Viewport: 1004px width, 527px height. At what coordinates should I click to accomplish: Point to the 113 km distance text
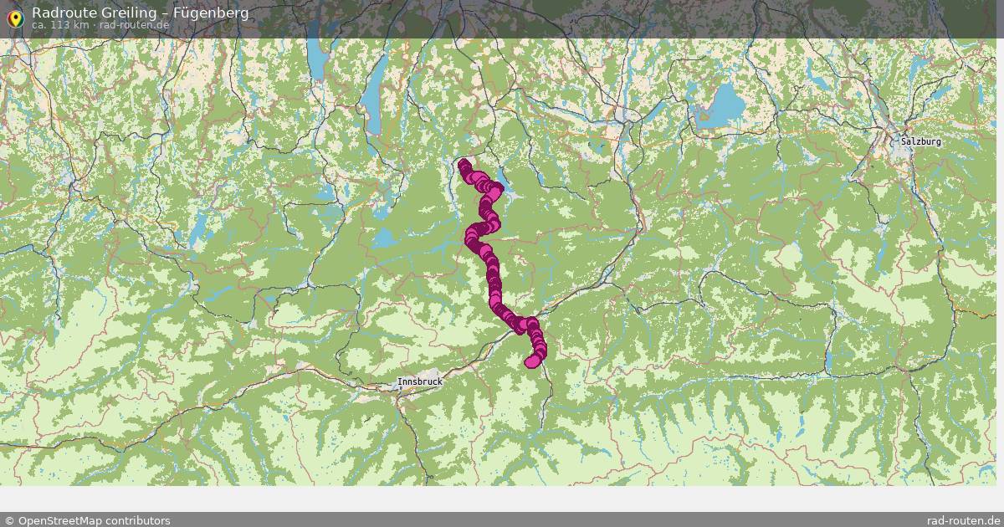pos(70,25)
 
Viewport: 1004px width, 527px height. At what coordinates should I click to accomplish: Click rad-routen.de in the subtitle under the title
pos(136,25)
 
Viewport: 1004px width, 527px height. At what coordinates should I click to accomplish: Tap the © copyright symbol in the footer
pos(9,520)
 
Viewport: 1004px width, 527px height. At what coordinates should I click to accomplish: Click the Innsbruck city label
pos(419,381)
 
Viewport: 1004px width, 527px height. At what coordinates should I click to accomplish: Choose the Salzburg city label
pos(920,141)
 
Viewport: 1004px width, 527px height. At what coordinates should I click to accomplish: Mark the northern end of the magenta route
pos(463,163)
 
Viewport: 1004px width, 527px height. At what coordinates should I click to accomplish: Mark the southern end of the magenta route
pos(530,362)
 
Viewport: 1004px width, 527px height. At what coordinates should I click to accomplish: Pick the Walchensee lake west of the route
pos(387,239)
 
